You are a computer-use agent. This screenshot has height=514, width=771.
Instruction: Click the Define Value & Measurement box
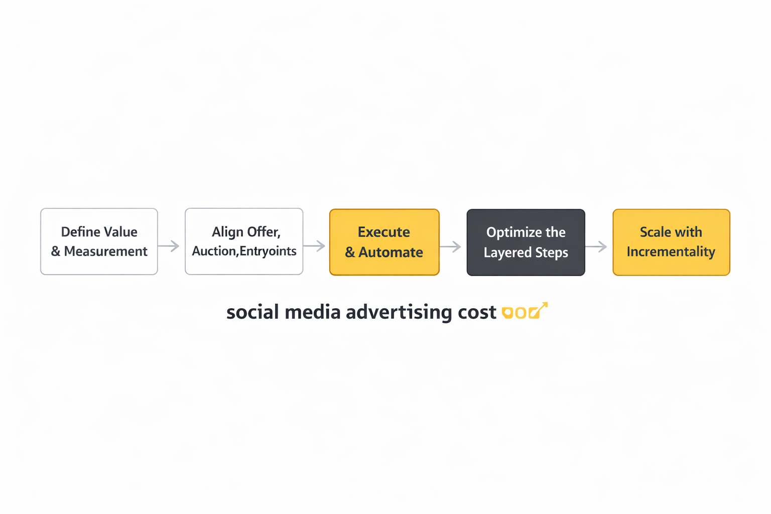click(99, 241)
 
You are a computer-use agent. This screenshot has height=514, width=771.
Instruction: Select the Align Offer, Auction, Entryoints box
click(244, 241)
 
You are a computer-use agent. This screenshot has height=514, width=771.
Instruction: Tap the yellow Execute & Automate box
click(384, 242)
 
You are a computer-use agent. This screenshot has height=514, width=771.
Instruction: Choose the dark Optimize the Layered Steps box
click(526, 242)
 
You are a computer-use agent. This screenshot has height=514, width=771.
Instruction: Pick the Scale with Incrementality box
click(671, 242)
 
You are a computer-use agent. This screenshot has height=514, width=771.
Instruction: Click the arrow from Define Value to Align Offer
click(169, 246)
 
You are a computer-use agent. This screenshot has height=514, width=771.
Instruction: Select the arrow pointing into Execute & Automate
click(315, 246)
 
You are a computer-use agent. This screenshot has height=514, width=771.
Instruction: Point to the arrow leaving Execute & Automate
click(451, 246)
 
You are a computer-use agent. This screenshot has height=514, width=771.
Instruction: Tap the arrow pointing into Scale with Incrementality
click(596, 246)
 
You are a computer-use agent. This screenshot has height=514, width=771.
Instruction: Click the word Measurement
click(106, 251)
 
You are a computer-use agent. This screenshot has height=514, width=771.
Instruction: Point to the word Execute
click(384, 232)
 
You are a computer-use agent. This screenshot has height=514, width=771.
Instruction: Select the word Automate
click(391, 252)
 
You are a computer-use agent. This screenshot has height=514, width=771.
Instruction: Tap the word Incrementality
click(671, 251)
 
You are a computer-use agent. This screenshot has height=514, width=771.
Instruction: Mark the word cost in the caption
click(477, 312)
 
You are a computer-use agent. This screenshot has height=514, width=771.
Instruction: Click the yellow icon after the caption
click(524, 312)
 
